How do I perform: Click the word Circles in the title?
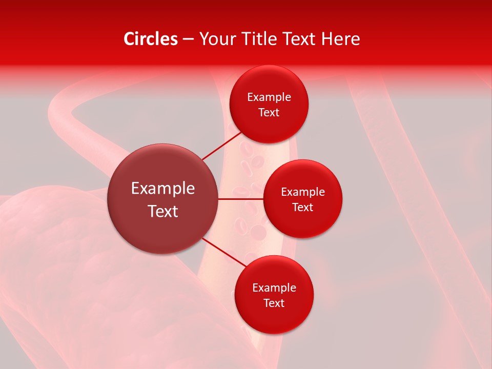point(150,39)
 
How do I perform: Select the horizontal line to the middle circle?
point(240,199)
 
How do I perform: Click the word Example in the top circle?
point(269,97)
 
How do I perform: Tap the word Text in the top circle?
point(269,112)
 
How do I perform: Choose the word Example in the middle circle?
point(303,192)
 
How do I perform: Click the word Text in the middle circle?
point(303,207)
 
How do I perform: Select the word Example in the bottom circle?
point(274,288)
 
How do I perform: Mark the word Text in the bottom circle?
point(274,303)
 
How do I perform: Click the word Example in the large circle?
point(163,189)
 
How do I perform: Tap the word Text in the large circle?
point(163,211)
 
